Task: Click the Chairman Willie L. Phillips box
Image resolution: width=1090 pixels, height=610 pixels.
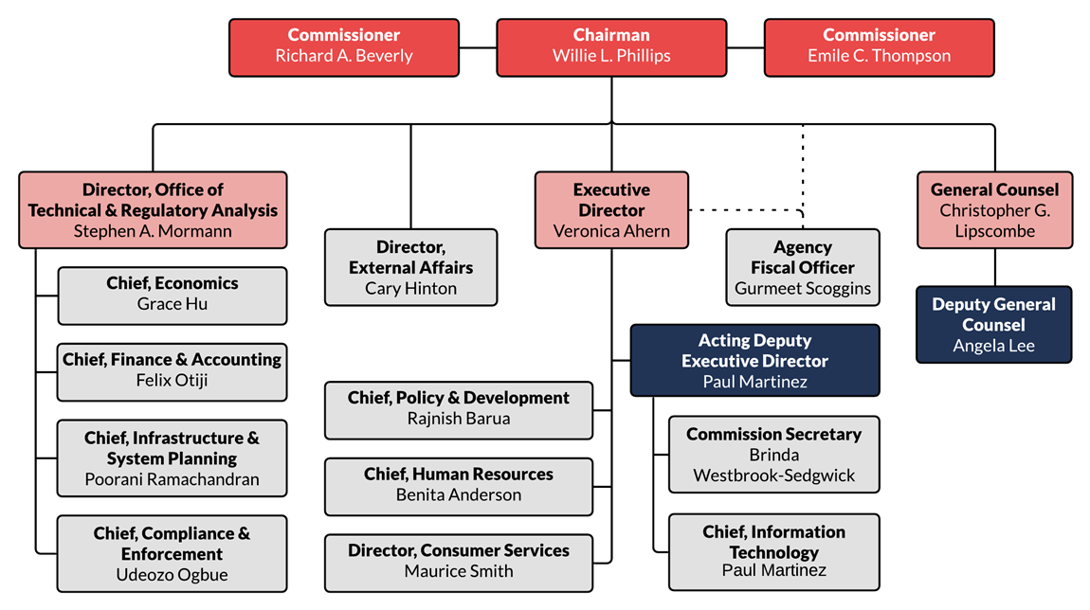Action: (611, 47)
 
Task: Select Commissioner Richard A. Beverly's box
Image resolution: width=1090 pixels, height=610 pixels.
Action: (344, 47)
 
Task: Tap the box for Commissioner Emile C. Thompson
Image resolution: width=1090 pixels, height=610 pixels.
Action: (879, 47)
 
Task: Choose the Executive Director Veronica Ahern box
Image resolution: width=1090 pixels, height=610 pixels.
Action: (611, 210)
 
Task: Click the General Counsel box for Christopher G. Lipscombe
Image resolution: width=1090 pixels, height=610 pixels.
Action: (994, 210)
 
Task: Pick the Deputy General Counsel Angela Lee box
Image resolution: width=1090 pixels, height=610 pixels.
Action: (993, 325)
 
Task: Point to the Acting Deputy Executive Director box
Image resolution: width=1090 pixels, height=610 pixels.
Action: (754, 361)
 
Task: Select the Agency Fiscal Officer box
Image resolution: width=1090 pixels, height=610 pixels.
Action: (802, 267)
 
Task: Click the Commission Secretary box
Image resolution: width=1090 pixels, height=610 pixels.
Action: (773, 455)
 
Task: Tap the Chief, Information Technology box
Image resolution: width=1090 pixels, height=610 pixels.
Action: (773, 551)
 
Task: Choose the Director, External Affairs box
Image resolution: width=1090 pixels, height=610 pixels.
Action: (410, 267)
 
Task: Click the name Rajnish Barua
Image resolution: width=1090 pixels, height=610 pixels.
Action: (459, 419)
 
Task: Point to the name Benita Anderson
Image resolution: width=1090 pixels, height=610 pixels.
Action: (459, 494)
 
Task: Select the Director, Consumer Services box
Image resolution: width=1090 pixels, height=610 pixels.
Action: (459, 561)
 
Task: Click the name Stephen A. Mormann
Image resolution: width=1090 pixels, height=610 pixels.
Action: (153, 231)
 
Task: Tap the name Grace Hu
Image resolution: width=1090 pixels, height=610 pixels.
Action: (173, 304)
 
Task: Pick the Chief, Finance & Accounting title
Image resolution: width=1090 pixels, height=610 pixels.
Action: (172, 360)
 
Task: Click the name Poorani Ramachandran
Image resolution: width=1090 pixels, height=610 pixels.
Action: (172, 479)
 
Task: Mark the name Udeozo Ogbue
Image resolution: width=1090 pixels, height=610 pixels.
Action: (172, 575)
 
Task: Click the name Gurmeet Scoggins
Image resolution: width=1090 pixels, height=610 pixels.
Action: (803, 289)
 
